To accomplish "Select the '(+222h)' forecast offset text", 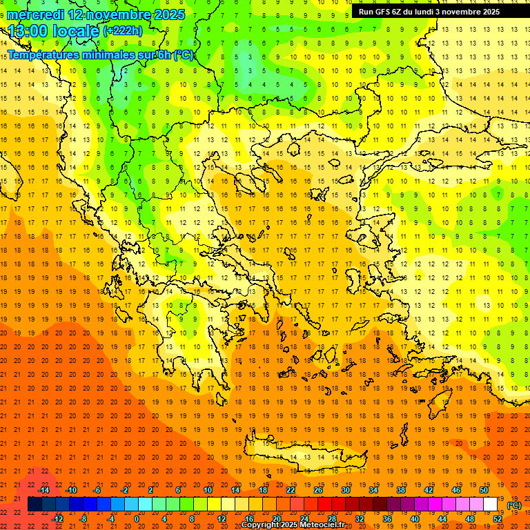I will coord(123,31).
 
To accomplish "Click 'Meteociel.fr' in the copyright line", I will coord(322,525).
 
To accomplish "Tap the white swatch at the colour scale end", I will coord(491,504).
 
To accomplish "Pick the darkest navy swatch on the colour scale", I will coord(35,504).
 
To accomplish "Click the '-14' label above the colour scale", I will coord(43,490).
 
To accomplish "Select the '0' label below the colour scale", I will coord(136,519).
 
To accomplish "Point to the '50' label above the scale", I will coord(483,490).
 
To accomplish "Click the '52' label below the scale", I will coord(498,519).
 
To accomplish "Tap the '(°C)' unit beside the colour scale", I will coord(514,505).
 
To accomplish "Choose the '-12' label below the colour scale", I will coord(57,519).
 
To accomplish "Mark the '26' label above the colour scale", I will coord(318,490).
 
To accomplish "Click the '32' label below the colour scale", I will coord(360,519).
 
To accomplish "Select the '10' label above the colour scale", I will coord(208,490).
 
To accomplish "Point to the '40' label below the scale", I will coord(415,519).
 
